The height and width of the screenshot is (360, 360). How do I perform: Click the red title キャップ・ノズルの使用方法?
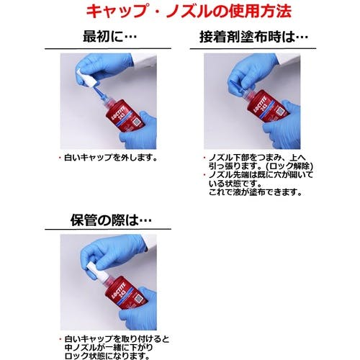pyautogui.click(x=189, y=11)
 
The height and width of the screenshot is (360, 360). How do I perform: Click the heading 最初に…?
pyautogui.click(x=109, y=37)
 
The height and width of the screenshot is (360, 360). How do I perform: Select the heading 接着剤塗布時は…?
pyautogui.click(x=253, y=37)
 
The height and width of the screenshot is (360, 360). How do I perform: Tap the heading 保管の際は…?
pyautogui.click(x=111, y=220)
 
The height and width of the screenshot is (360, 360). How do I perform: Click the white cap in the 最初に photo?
pyautogui.click(x=86, y=78)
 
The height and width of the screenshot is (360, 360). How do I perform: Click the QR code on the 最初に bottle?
pyautogui.click(x=138, y=122)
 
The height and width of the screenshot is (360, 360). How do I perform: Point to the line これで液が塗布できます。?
pyautogui.click(x=255, y=192)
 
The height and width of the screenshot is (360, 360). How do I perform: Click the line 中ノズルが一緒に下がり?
pyautogui.click(x=109, y=348)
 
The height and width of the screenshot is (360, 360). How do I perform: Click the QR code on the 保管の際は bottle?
pyautogui.click(x=139, y=300)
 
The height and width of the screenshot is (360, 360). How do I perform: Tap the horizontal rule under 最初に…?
pyautogui.click(x=108, y=48)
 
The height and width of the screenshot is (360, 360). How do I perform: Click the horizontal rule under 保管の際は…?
pyautogui.click(x=108, y=229)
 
